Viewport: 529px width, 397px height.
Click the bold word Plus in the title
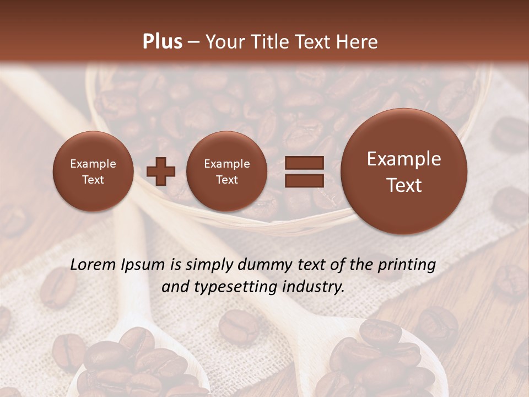pyautogui.click(x=162, y=42)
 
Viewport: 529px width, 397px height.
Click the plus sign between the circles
pyautogui.click(x=161, y=171)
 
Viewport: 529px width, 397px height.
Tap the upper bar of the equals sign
pyautogui.click(x=304, y=163)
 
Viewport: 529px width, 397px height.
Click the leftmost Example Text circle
pyautogui.click(x=93, y=171)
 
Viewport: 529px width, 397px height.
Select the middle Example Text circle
pyautogui.click(x=226, y=171)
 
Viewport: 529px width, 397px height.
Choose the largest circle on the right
pyautogui.click(x=404, y=171)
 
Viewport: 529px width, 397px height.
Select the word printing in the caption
pyautogui.click(x=407, y=265)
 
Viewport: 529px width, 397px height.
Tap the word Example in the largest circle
pyautogui.click(x=404, y=159)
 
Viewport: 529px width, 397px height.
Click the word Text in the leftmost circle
pyautogui.click(x=93, y=180)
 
